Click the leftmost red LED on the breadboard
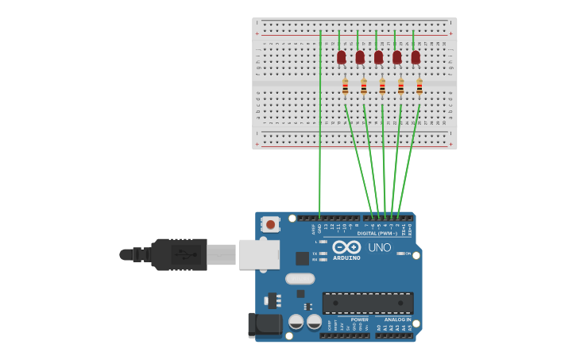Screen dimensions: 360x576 pyautogui.click(x=342, y=57)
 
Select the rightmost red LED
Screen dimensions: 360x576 pyautogui.click(x=416, y=57)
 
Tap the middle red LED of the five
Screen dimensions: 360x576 pyautogui.click(x=378, y=57)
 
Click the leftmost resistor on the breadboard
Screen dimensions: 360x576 pyautogui.click(x=345, y=87)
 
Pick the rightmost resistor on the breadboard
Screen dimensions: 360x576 pyautogui.click(x=419, y=87)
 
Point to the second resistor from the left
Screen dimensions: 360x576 pyautogui.click(x=364, y=87)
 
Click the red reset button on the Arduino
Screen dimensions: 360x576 pyautogui.click(x=270, y=225)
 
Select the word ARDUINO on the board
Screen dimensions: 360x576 pyautogui.click(x=346, y=257)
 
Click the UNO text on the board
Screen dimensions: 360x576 pyautogui.click(x=379, y=247)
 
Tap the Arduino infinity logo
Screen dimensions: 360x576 pyautogui.click(x=346, y=246)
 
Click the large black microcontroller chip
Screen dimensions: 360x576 pyautogui.click(x=367, y=303)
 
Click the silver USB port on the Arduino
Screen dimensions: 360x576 pyautogui.click(x=259, y=254)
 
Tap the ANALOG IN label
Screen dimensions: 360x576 pyautogui.click(x=398, y=319)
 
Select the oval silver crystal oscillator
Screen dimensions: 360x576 pyautogui.click(x=300, y=278)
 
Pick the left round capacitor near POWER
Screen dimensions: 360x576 pyautogui.click(x=296, y=322)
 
